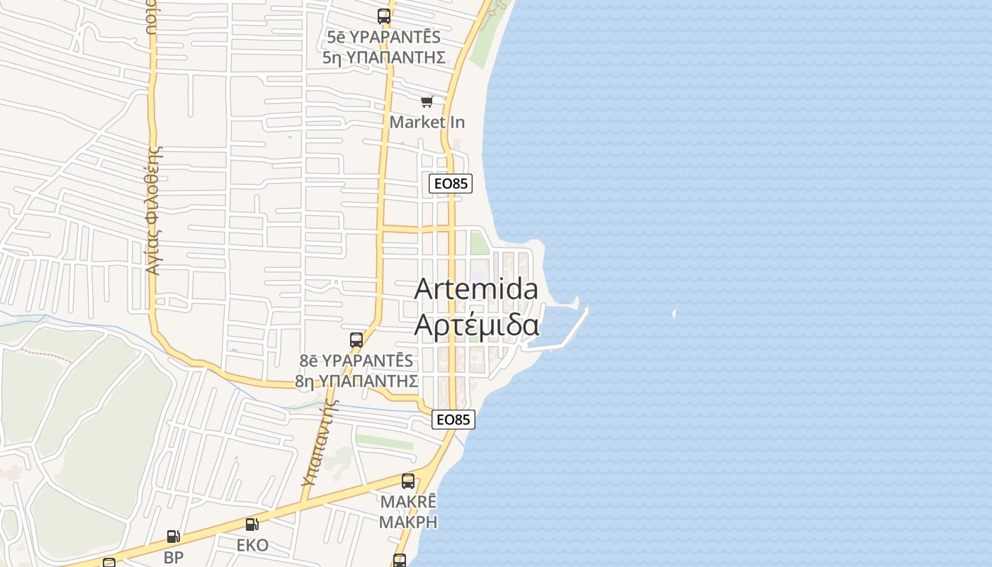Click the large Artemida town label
click(476, 289)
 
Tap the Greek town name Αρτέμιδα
click(476, 325)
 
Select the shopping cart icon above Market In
click(427, 103)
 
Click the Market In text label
click(427, 122)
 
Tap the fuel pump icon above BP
click(173, 537)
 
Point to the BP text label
click(174, 557)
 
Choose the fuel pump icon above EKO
click(252, 524)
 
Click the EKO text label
click(252, 545)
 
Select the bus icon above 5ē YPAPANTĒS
click(384, 16)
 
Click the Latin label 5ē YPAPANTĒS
click(384, 37)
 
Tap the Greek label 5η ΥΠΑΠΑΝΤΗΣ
click(384, 57)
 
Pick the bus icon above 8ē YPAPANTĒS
click(356, 340)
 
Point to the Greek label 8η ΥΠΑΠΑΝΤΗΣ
click(356, 381)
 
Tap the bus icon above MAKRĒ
click(407, 481)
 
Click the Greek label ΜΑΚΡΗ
click(407, 522)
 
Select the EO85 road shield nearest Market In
click(451, 184)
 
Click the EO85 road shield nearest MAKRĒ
click(453, 420)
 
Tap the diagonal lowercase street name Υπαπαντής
click(320, 443)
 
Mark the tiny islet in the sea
click(674, 313)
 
